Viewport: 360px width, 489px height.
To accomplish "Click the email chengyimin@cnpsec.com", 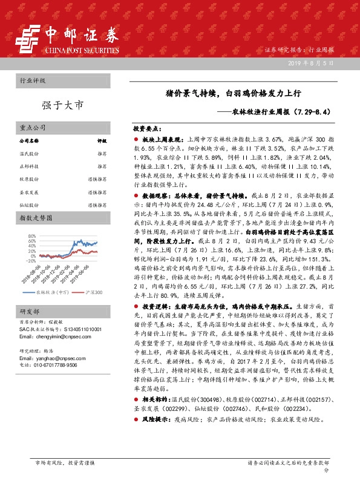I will (51, 335).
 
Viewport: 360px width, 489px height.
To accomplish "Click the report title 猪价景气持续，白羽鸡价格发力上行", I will (234, 94).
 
